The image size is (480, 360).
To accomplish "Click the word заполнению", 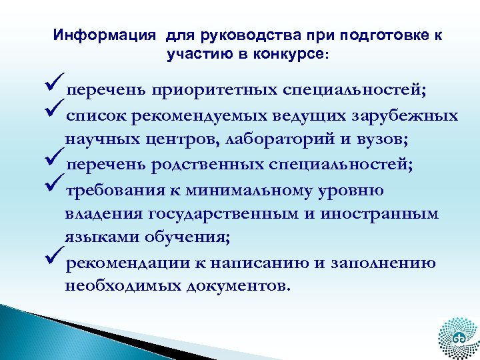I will pyautogui.click(x=384, y=263).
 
